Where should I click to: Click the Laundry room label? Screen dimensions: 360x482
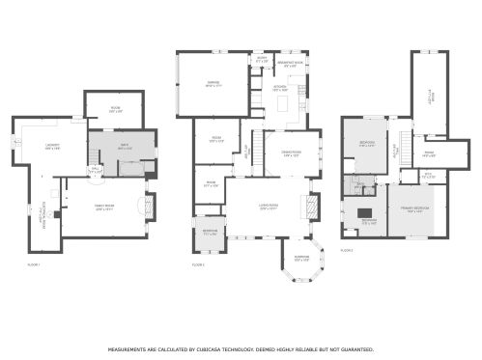(51, 148)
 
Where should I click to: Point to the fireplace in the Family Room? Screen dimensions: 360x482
(147, 207)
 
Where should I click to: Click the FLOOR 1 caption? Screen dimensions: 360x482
(34, 264)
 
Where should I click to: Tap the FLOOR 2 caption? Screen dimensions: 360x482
(199, 264)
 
